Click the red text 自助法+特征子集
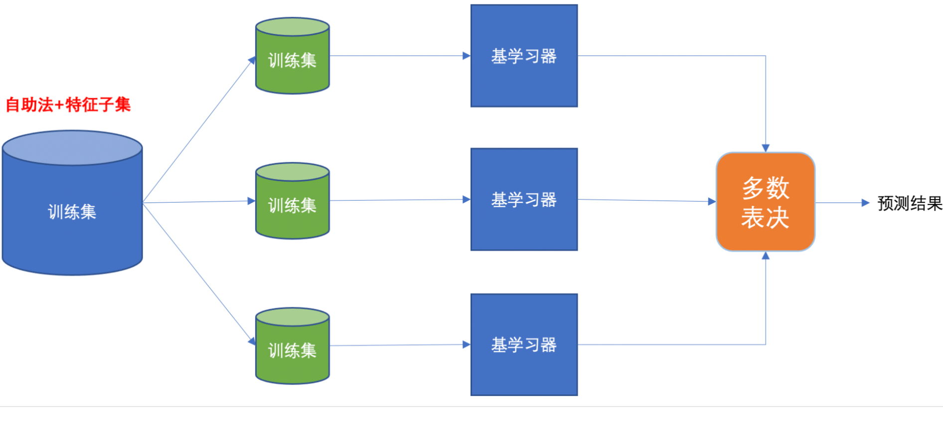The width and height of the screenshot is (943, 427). tap(68, 105)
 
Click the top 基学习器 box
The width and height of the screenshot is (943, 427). tap(524, 56)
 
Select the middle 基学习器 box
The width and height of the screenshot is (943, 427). tap(524, 200)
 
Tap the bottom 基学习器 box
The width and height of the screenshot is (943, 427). tap(524, 345)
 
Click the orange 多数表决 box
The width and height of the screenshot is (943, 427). tap(765, 202)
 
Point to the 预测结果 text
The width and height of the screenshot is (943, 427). tap(910, 204)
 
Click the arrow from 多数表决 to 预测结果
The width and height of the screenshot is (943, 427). tap(842, 203)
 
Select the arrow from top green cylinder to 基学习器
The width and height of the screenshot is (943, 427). tap(399, 56)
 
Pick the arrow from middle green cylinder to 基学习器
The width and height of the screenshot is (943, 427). tap(399, 200)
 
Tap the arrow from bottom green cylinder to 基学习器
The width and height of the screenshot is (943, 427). tap(399, 345)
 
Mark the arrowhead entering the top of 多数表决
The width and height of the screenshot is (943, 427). tap(766, 148)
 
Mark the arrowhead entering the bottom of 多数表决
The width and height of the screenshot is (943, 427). tap(766, 256)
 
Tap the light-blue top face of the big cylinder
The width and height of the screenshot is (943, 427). tap(72, 148)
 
